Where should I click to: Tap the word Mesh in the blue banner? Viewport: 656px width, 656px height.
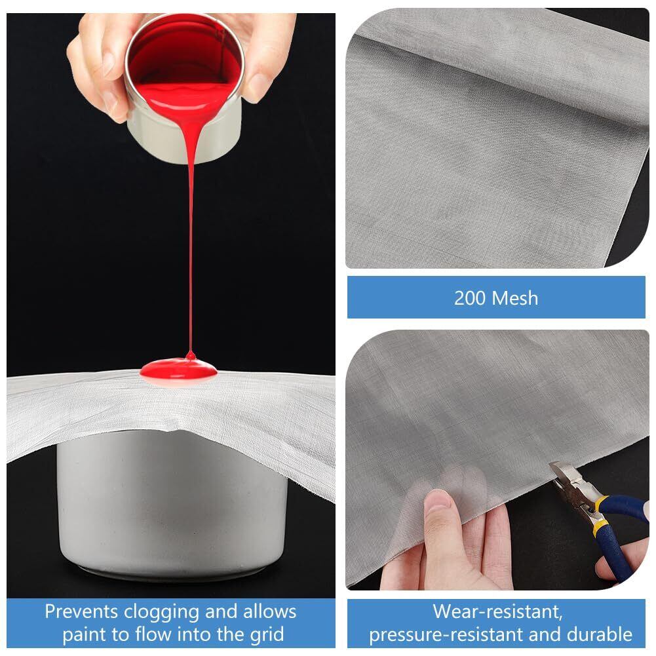(515, 298)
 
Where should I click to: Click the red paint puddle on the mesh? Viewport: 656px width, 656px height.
(179, 370)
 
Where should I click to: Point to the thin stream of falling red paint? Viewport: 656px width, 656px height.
(191, 251)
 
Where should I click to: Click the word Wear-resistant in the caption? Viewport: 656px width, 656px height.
(497, 611)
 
